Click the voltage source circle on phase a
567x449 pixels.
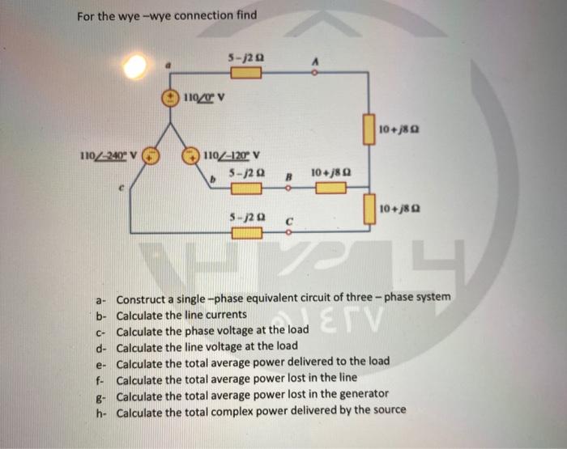[x=171, y=98]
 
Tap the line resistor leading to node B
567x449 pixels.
[x=245, y=188]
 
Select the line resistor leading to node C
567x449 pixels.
[x=245, y=234]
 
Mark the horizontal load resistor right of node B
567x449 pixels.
[x=330, y=188]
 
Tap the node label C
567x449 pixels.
[x=288, y=220]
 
